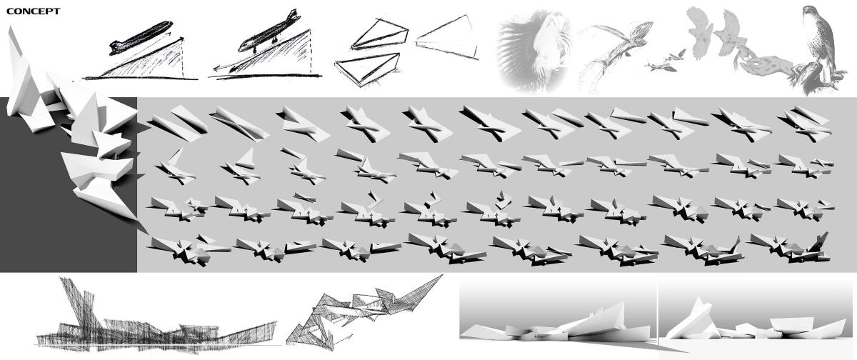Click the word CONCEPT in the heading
click(x=34, y=11)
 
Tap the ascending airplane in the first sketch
click(x=141, y=37)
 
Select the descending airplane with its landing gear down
click(x=269, y=31)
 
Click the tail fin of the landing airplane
click(x=293, y=15)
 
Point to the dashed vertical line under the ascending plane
click(x=183, y=57)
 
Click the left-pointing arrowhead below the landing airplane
click(x=217, y=69)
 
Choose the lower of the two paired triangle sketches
click(x=367, y=69)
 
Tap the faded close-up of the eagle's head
click(x=533, y=51)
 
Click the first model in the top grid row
click(x=177, y=123)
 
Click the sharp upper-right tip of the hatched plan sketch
click(x=442, y=275)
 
